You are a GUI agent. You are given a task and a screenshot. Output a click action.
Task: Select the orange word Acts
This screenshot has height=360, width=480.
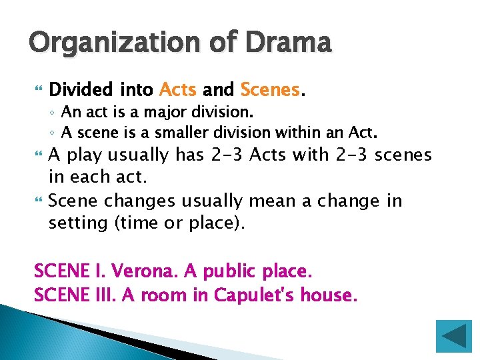tap(178, 89)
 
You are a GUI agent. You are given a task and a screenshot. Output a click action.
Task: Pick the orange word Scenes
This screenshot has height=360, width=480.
tap(270, 89)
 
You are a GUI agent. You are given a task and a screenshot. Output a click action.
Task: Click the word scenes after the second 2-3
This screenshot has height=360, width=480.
tap(403, 155)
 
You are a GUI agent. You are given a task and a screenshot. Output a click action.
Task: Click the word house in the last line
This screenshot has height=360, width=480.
tap(328, 295)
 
